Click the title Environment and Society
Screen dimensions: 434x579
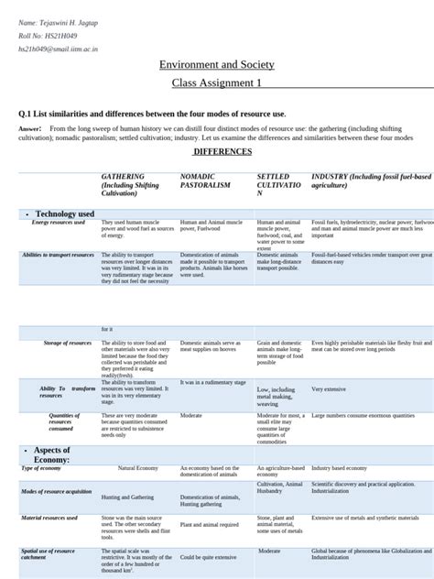point(216,65)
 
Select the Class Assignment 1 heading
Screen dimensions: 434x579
point(216,83)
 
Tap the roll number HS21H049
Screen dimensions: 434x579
point(44,36)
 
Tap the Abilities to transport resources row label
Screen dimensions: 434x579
point(58,255)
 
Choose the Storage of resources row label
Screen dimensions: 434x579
point(68,343)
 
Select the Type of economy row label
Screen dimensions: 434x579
point(42,467)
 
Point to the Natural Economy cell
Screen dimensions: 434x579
point(138,468)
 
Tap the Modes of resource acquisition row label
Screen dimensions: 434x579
point(57,492)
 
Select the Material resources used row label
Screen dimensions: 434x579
point(49,519)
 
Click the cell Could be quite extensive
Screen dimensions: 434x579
point(208,557)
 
